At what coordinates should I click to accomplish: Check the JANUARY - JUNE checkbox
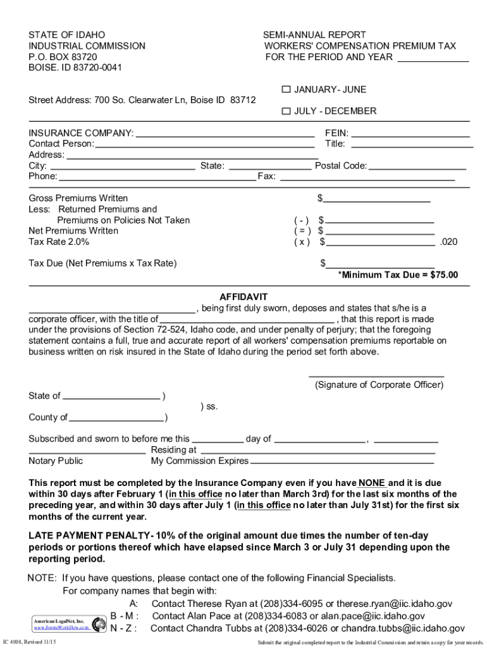286,90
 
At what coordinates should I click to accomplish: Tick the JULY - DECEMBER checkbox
286,111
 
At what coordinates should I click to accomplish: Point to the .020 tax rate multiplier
448,242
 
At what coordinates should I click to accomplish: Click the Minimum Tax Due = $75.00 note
398,275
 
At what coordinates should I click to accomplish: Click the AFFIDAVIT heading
244,297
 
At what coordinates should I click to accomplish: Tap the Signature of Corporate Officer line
376,375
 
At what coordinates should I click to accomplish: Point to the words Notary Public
56,461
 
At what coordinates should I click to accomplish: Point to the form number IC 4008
15,640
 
